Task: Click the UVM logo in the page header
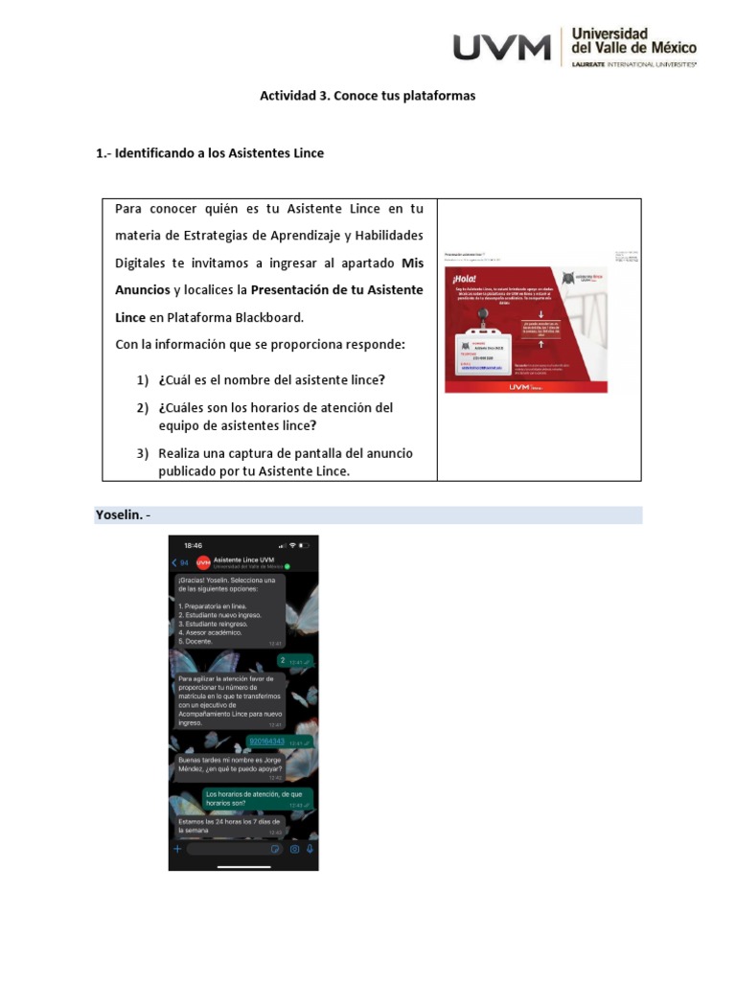pos(502,47)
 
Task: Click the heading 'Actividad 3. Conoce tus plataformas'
pos(368,96)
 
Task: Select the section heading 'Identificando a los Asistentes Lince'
pos(218,153)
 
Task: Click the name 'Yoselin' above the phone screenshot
pos(118,515)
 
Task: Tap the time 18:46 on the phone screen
pos(194,545)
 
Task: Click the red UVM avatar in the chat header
pos(203,562)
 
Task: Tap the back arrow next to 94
pos(174,562)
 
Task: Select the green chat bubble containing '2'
pos(294,661)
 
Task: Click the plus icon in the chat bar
pos(177,849)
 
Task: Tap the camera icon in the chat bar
pos(294,849)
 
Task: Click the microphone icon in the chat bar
pos(310,849)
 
